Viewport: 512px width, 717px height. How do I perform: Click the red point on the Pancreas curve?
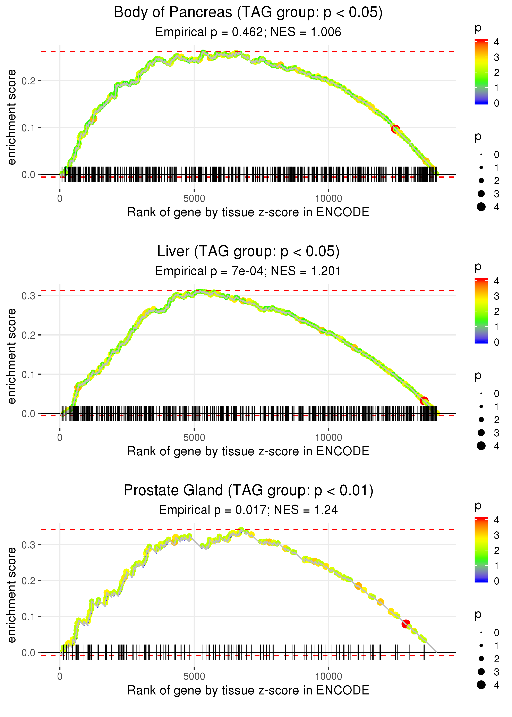[x=395, y=129]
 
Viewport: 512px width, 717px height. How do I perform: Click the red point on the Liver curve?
[x=424, y=401]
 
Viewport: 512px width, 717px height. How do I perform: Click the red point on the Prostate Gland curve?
[x=406, y=624]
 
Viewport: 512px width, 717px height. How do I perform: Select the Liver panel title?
[x=248, y=252]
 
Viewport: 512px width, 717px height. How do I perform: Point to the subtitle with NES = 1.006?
[x=248, y=32]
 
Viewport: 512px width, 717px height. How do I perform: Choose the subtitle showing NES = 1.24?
[x=248, y=510]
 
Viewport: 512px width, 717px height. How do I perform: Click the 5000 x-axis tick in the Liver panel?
[x=194, y=438]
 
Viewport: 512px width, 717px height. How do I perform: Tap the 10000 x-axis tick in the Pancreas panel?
[x=328, y=199]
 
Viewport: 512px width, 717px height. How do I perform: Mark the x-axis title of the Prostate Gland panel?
[x=248, y=690]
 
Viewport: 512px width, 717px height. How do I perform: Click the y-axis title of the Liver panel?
[x=12, y=356]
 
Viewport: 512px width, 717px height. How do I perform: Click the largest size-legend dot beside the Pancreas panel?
[x=481, y=207]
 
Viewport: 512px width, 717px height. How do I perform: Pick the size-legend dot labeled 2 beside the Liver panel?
[x=481, y=420]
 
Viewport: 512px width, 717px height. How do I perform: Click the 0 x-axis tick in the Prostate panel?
[x=60, y=677]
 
